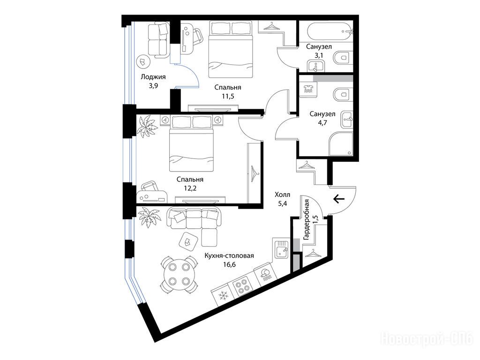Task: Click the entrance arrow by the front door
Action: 338,199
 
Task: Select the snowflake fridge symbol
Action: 223,296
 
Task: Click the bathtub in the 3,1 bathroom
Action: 326,31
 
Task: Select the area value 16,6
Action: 229,264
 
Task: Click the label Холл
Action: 282,195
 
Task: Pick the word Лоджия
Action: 153,77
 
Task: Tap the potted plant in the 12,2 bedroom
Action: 147,127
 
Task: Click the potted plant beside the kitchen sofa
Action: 150,217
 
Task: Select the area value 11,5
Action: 228,97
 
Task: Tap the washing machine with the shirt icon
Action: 308,89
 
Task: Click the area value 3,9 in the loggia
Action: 153,86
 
